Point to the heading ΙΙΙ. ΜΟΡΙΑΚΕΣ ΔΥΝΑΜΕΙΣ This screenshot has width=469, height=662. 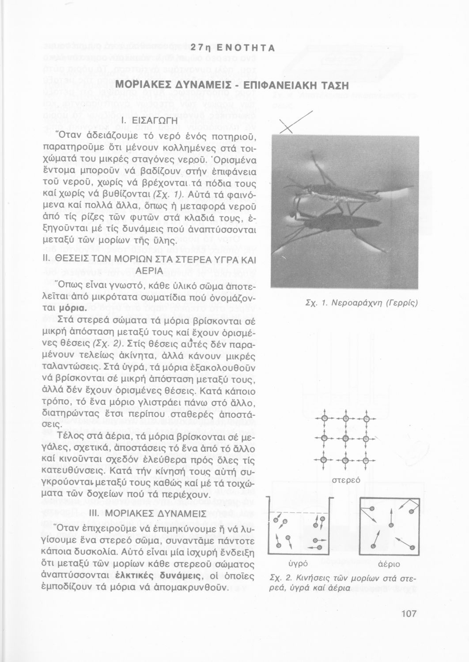coord(148,514)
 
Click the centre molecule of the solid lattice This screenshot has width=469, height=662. coord(345,439)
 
